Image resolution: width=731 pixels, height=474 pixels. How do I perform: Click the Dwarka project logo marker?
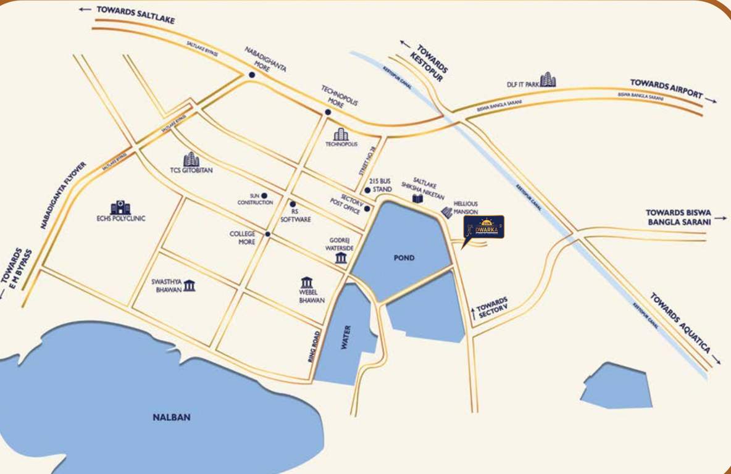click(x=483, y=227)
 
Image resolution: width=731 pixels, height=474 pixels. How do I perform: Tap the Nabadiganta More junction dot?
click(x=252, y=75)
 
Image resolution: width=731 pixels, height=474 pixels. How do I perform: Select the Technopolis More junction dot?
click(x=328, y=112)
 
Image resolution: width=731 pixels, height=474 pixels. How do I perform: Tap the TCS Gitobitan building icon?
click(x=191, y=159)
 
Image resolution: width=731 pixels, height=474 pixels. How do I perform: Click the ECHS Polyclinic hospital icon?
click(x=120, y=207)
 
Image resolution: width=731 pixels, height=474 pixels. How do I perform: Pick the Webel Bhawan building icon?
click(x=307, y=283)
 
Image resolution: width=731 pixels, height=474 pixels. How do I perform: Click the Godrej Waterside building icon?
click(x=341, y=257)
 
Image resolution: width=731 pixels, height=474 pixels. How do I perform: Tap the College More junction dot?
click(x=267, y=234)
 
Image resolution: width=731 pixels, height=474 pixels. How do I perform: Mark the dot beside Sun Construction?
click(x=264, y=195)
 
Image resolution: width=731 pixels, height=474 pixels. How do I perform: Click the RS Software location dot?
click(x=293, y=204)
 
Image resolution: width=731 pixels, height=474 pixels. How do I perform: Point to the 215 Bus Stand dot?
click(x=367, y=190)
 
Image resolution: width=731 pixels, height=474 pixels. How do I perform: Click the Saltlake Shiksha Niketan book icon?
click(x=418, y=199)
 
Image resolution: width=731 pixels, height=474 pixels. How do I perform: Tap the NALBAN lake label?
click(x=172, y=417)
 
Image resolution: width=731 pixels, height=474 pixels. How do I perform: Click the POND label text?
click(x=404, y=257)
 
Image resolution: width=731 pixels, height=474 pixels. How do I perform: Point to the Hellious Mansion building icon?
click(x=447, y=212)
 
